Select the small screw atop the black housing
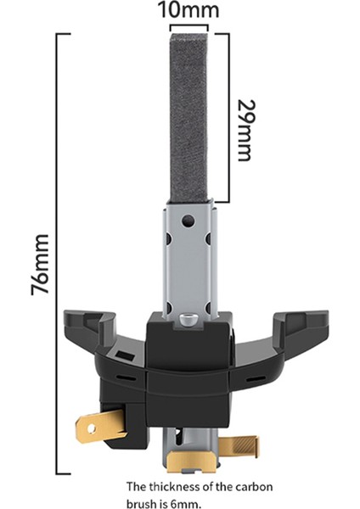pos(188,320)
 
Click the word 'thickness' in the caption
pos(177,486)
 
